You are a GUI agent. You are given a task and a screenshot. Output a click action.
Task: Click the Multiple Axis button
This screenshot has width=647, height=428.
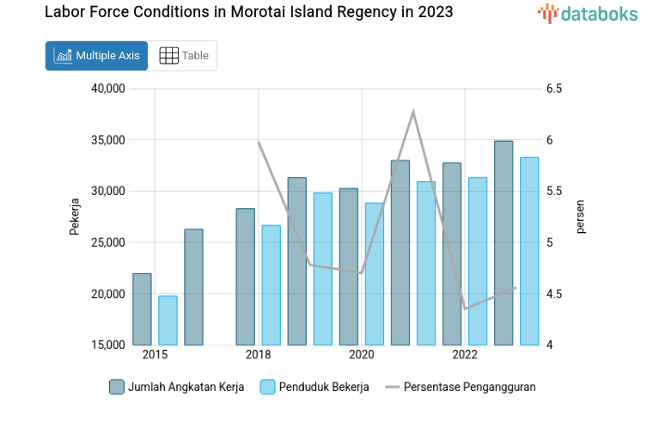tap(96, 56)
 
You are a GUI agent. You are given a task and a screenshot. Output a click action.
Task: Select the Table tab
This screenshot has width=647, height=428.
tap(184, 56)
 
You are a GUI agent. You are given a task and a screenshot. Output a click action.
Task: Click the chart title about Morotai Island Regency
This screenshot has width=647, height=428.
tap(248, 13)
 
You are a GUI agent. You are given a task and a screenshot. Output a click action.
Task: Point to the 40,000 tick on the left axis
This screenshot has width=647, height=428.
tap(108, 89)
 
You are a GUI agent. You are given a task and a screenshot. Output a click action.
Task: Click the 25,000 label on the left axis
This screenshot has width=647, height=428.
tap(108, 242)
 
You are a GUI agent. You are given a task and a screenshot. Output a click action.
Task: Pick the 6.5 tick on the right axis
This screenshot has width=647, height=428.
tap(553, 89)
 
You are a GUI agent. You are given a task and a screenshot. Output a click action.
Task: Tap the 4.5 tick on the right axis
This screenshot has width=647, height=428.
tap(553, 294)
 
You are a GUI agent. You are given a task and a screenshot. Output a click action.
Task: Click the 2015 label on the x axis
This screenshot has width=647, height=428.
tap(155, 355)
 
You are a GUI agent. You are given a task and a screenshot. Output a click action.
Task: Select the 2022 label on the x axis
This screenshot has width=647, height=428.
tap(465, 355)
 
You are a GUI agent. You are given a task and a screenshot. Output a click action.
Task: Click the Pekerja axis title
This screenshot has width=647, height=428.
tap(75, 217)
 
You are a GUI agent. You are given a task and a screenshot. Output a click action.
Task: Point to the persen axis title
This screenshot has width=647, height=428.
tap(581, 217)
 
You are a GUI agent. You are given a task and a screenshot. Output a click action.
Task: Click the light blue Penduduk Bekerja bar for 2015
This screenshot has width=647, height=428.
tap(168, 321)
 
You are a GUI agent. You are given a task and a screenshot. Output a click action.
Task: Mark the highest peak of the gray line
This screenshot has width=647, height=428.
tap(413, 111)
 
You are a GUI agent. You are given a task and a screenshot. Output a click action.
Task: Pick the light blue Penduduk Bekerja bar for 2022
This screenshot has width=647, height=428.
tap(478, 261)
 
